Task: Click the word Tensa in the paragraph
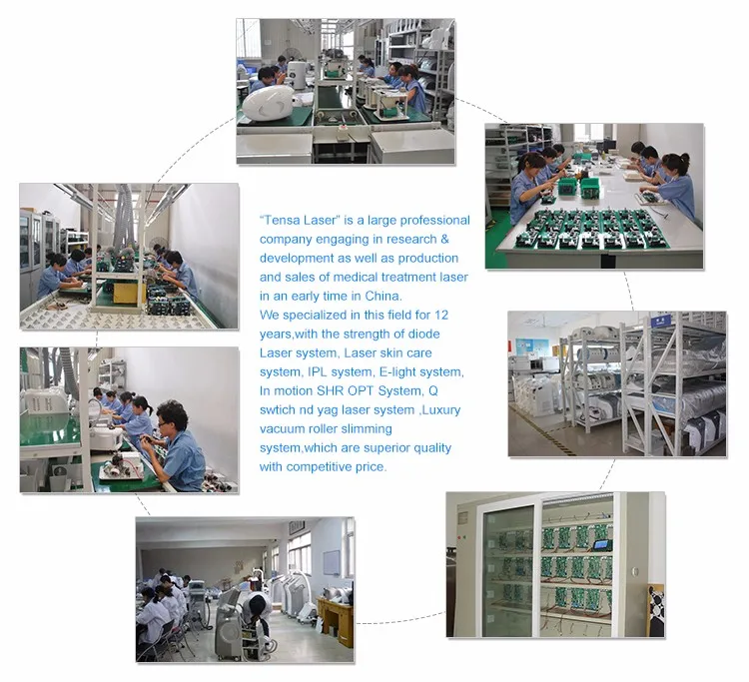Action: [x=282, y=220]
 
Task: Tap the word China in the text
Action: [x=382, y=297]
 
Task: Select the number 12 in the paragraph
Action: [x=441, y=316]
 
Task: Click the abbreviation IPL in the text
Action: [x=317, y=372]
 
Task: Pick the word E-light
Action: [x=397, y=372]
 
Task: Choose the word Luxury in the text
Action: [x=441, y=409]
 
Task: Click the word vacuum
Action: [x=283, y=429]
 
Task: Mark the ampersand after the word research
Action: [x=444, y=239]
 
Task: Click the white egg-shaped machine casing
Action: [x=269, y=102]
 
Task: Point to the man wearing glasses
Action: [x=176, y=445]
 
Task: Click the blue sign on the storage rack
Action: [x=661, y=321]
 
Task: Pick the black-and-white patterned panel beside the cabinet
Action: [x=656, y=611]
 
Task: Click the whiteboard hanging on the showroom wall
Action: [x=332, y=562]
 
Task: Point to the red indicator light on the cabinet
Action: [x=459, y=537]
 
